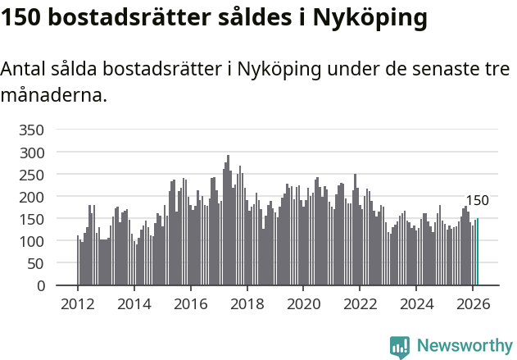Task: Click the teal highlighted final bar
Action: pos(478,253)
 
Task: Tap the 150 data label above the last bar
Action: pos(477,201)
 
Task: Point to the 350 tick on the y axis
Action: pos(30,130)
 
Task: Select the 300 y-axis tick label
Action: pos(30,153)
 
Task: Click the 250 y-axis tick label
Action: pos(30,175)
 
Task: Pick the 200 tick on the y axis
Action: pos(30,197)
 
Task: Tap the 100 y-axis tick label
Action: pos(30,241)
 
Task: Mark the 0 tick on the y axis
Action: pos(39,285)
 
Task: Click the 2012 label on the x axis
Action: pos(78,303)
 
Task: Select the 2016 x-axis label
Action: pos(190,303)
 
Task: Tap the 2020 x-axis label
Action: pos(303,303)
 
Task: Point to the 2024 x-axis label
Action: pos(415,303)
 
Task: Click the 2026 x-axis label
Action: pos(472,303)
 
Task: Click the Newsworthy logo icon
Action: pos(400,346)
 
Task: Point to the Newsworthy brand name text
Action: pos(464,346)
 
